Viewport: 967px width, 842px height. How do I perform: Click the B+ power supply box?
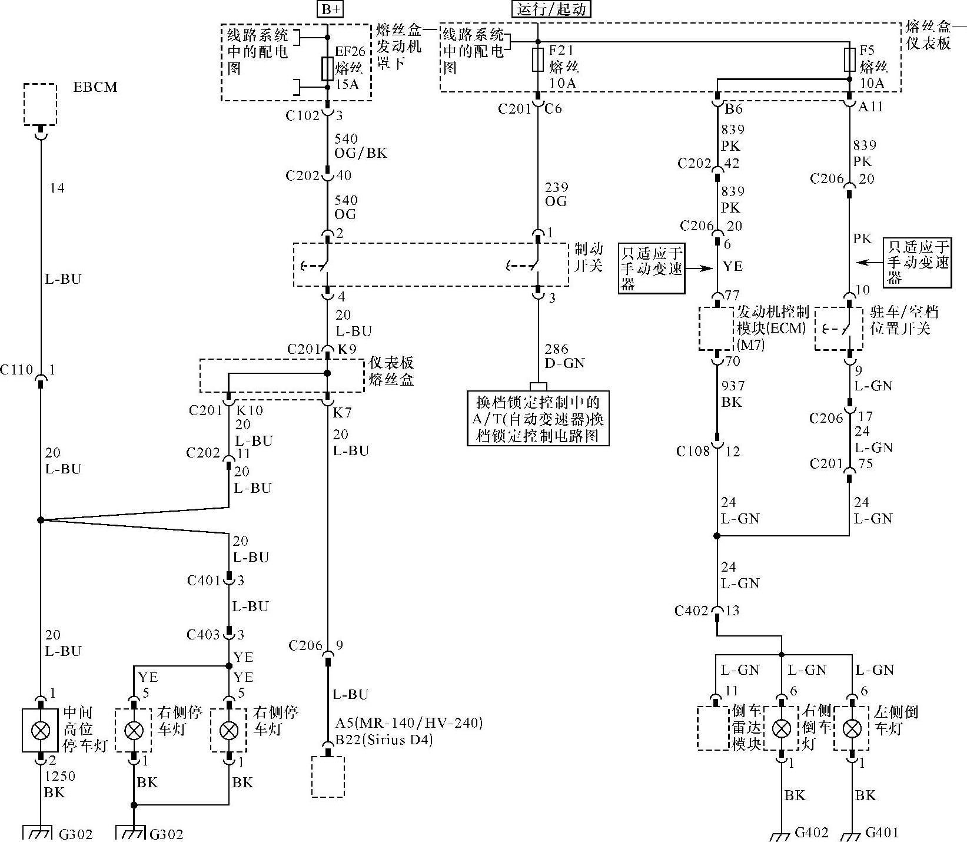click(x=329, y=9)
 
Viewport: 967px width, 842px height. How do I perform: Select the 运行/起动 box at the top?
click(x=551, y=9)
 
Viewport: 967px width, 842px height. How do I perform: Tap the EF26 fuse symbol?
click(x=328, y=68)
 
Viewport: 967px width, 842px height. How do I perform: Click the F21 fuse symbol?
click(x=537, y=60)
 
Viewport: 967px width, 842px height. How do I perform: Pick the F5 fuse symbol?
click(x=849, y=60)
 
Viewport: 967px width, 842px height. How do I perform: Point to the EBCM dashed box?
click(x=40, y=104)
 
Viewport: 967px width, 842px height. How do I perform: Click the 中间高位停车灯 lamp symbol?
click(x=40, y=730)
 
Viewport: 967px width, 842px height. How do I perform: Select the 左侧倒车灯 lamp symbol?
click(x=852, y=729)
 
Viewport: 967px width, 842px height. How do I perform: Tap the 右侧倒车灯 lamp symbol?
click(x=782, y=729)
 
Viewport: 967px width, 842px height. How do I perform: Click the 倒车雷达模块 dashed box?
click(x=713, y=728)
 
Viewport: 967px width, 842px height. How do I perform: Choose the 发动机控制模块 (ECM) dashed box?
click(x=717, y=329)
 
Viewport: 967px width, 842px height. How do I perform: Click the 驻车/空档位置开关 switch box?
click(x=839, y=329)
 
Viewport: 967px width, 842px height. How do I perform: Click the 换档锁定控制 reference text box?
click(x=538, y=419)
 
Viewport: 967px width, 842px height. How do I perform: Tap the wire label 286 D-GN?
click(x=564, y=356)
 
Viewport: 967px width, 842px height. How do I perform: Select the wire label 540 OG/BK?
click(x=361, y=146)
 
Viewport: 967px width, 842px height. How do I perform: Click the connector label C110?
click(x=16, y=370)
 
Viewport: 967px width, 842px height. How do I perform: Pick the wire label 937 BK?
click(x=733, y=394)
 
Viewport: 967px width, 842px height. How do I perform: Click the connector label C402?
click(x=692, y=611)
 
